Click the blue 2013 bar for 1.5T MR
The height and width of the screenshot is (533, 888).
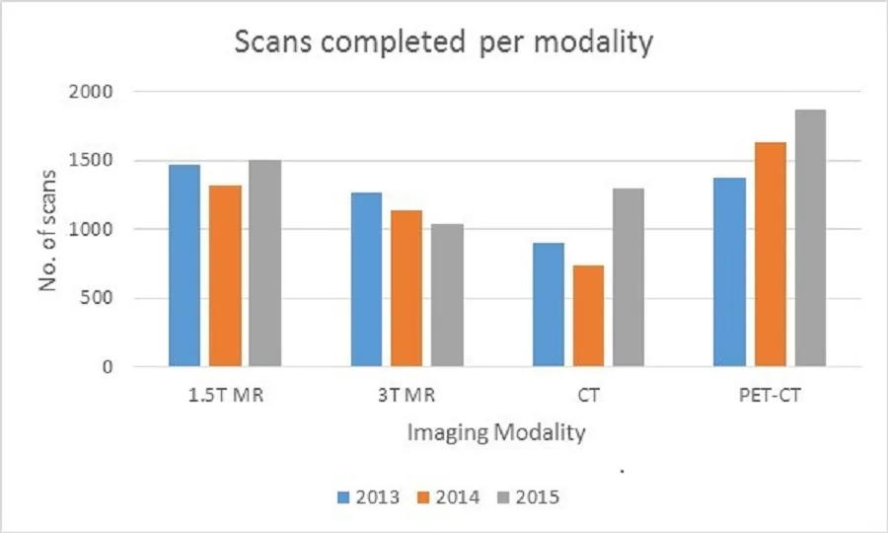(184, 266)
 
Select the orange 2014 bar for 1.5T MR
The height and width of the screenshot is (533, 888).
(224, 276)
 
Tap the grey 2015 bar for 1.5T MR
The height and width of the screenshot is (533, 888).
(264, 264)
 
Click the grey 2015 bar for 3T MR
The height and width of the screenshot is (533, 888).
(447, 296)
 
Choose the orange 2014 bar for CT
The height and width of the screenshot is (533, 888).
(588, 317)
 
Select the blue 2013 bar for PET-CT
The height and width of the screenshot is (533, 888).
(731, 272)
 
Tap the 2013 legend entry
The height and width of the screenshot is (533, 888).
(371, 497)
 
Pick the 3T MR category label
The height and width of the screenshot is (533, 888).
(406, 398)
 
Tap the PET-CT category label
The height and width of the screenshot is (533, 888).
(771, 398)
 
